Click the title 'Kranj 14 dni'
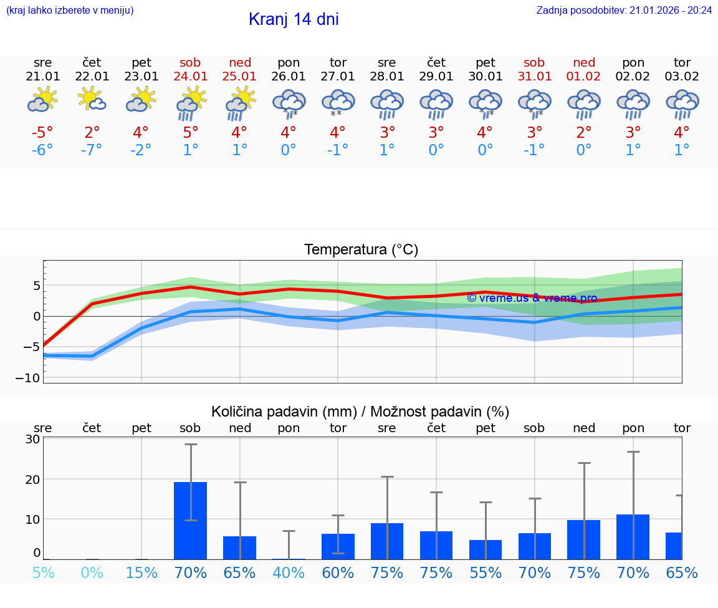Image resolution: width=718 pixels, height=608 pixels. [x=294, y=19]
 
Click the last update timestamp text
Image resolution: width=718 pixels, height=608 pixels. [x=624, y=10]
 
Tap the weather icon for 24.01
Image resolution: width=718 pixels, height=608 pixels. [x=191, y=103]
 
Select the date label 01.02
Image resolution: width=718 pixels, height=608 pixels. [x=584, y=77]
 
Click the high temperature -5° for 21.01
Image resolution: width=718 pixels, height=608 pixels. [x=42, y=133]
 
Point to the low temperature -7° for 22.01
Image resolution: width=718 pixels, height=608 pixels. [x=92, y=150]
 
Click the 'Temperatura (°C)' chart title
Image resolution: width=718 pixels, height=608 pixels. [x=361, y=250]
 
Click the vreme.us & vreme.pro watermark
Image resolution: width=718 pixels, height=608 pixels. [x=532, y=298]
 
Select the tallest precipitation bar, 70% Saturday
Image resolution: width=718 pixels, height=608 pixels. [x=191, y=520]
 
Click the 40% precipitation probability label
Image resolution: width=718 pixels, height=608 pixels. [x=289, y=572]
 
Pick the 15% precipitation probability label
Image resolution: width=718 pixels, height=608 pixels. [x=141, y=572]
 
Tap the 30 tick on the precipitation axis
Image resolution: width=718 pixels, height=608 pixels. [x=32, y=439]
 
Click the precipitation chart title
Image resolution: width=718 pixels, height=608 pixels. [x=360, y=412]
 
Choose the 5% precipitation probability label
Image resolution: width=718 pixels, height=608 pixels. [x=42, y=572]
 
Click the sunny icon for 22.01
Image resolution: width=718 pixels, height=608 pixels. [x=92, y=100]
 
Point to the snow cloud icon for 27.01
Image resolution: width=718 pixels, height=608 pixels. [x=338, y=103]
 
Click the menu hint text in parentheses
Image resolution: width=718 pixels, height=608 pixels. [x=70, y=10]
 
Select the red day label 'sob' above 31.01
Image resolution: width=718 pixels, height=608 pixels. [x=534, y=62]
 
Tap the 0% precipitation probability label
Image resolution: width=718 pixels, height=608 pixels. [x=92, y=572]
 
